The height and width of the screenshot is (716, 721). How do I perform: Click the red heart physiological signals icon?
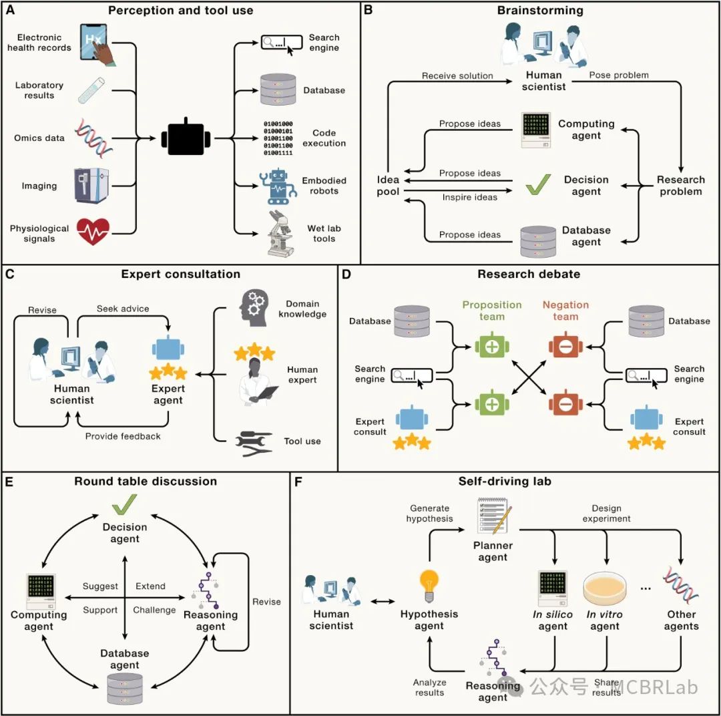click(93, 232)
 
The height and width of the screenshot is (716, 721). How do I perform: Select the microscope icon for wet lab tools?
click(281, 234)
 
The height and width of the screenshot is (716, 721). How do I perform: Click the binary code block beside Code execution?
click(278, 138)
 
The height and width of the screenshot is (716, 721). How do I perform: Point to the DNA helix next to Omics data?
click(93, 136)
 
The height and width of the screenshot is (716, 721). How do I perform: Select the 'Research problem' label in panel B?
click(680, 186)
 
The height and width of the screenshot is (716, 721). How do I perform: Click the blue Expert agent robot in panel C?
click(168, 350)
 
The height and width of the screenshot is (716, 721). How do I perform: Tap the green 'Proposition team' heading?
click(491, 311)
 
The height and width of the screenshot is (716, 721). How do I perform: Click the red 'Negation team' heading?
click(565, 311)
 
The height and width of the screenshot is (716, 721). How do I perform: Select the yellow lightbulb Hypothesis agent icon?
click(429, 585)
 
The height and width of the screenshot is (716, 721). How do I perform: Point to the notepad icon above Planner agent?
click(493, 516)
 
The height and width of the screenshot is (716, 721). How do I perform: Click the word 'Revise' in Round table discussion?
click(266, 601)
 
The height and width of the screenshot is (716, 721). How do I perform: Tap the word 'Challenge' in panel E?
click(154, 610)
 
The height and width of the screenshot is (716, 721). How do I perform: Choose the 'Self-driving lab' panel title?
click(505, 481)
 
